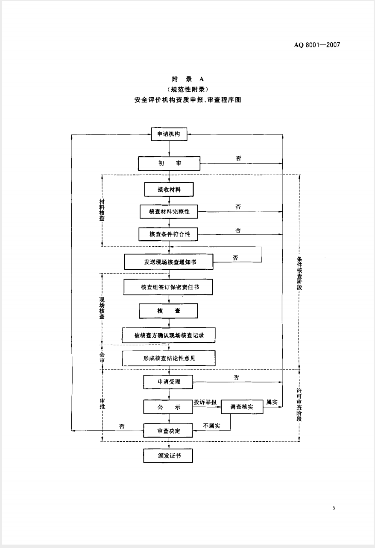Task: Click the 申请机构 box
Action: [x=169, y=134]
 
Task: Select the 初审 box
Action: [x=169, y=163]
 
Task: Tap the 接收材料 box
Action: [x=169, y=189]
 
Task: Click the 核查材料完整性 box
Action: [x=169, y=212]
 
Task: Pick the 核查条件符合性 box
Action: [x=169, y=234]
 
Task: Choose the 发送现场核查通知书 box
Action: [x=170, y=262]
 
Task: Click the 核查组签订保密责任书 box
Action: [x=170, y=287]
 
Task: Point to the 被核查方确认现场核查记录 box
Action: [x=169, y=335]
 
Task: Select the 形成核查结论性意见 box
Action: [x=169, y=359]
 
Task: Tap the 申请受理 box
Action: [x=169, y=381]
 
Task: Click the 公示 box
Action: [x=169, y=407]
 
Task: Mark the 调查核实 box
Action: [x=241, y=407]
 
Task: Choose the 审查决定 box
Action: [x=169, y=431]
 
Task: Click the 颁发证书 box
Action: [x=169, y=456]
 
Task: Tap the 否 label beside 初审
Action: [x=238, y=158]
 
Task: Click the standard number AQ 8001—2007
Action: [x=317, y=45]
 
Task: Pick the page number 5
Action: [x=334, y=508]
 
